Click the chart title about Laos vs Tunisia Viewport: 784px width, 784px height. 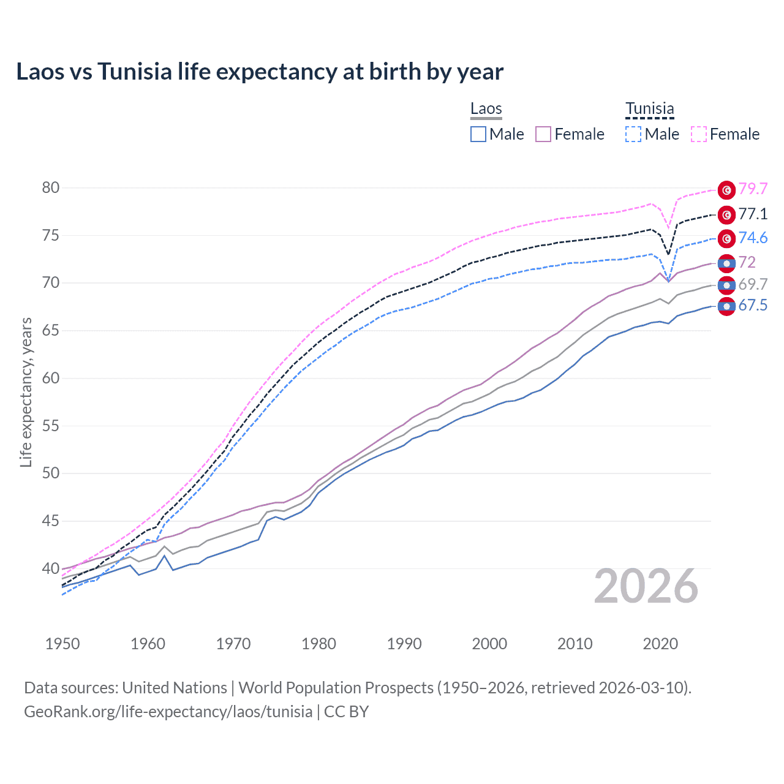coord(260,72)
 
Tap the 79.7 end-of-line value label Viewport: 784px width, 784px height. coord(753,189)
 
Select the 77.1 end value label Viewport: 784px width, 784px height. coord(753,214)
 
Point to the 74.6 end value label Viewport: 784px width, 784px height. coord(753,238)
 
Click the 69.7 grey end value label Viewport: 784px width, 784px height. coord(753,284)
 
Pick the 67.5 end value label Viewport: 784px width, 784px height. coord(753,306)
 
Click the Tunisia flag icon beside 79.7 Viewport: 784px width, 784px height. coord(726,190)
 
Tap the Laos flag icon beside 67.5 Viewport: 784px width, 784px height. coord(726,306)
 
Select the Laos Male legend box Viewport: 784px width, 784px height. coord(478,134)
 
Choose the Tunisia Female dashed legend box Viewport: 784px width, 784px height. coord(699,134)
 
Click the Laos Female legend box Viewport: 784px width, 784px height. coord(543,134)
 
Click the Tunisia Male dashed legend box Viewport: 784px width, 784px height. coord(633,134)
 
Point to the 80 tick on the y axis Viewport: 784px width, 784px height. coord(51,188)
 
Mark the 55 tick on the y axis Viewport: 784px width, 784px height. coord(51,426)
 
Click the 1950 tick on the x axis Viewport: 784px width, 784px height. coord(62,644)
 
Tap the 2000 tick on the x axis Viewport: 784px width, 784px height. coord(489,644)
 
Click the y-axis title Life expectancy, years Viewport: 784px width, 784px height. coord(26,392)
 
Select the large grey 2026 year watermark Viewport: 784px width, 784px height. coord(646,587)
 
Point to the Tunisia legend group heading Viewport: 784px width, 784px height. coord(649,109)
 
